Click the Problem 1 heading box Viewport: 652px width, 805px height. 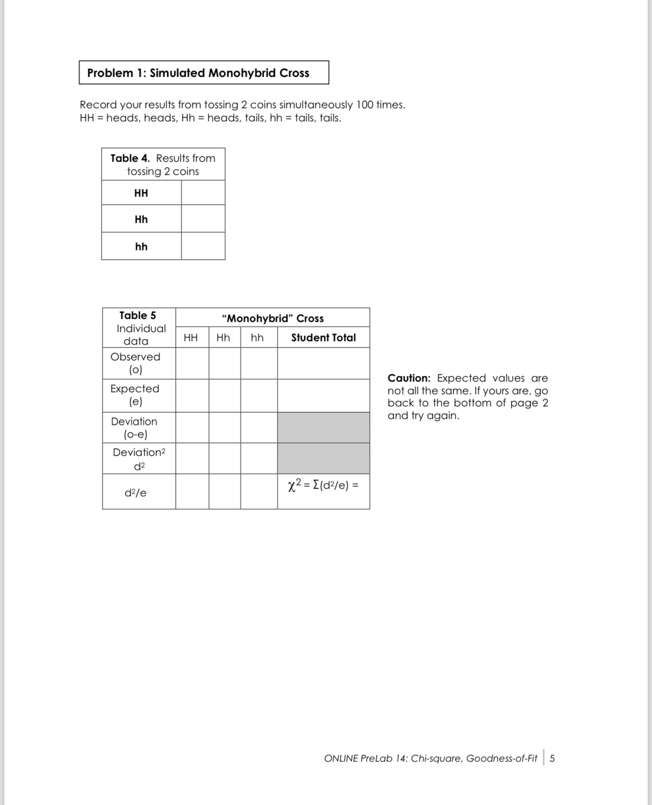(203, 73)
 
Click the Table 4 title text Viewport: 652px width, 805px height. (163, 165)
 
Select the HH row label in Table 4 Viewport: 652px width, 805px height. (141, 193)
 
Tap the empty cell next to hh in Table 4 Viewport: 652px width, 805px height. (203, 247)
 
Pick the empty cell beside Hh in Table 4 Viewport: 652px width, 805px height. (203, 219)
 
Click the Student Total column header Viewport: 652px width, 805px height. (323, 338)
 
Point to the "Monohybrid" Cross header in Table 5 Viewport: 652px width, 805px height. (272, 318)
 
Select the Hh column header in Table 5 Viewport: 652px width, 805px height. (223, 338)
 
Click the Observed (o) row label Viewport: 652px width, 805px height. (135, 363)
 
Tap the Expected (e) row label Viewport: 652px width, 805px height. (135, 395)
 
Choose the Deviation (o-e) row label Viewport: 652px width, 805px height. (134, 428)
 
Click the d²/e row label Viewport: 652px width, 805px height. (135, 493)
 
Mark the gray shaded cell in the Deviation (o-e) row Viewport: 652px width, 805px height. (323, 428)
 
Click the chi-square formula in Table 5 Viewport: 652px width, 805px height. (323, 486)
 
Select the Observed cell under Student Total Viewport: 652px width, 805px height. (323, 363)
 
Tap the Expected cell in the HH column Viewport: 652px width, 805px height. (192, 395)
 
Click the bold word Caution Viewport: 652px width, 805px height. (409, 378)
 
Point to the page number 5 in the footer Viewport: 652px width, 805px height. (552, 759)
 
